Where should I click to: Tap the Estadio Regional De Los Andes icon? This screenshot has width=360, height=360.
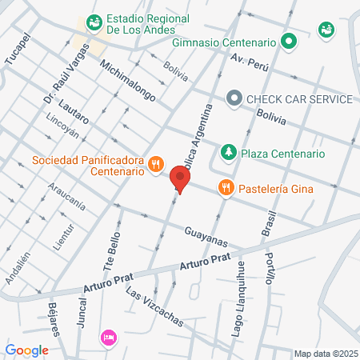pos(94,21)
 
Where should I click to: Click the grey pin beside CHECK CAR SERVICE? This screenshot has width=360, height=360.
pos(234,98)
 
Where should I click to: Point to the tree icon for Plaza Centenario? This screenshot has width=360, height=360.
pos(229,152)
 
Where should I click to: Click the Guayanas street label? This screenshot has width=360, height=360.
pos(206,236)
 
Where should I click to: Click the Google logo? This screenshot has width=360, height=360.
pos(27,350)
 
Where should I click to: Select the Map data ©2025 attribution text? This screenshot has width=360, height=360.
pos(325,354)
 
